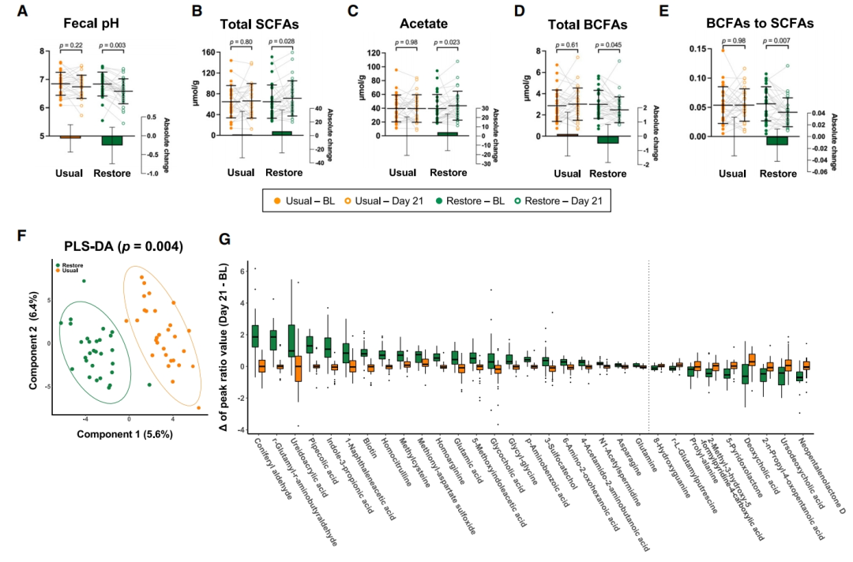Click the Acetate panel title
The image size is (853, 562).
click(413, 24)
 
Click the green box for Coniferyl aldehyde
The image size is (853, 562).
click(254, 335)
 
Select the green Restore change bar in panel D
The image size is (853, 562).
click(603, 140)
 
